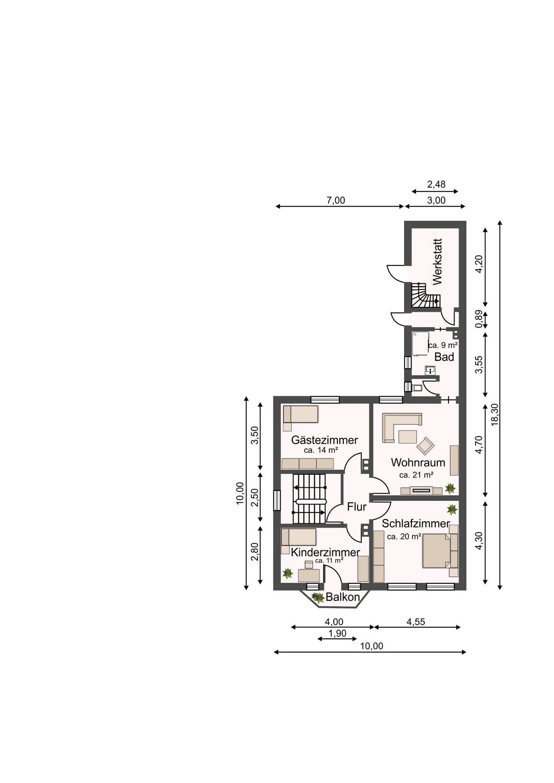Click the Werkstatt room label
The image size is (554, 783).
[x=437, y=261]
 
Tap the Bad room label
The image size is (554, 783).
[x=444, y=357]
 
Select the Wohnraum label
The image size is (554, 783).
[x=418, y=462]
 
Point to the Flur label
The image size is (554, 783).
[x=357, y=507]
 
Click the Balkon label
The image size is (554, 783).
[x=343, y=597]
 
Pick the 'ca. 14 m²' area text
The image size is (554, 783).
[x=321, y=450]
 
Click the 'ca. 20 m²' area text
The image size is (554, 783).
[x=404, y=537]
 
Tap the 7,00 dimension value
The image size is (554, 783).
[x=336, y=200]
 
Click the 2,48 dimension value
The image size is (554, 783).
[x=436, y=184]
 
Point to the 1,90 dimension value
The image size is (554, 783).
[x=337, y=633]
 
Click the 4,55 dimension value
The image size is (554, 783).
[x=416, y=622]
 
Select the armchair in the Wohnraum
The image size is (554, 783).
[x=425, y=446]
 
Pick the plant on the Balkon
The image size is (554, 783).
[x=317, y=598]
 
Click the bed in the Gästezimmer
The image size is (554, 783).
[x=300, y=418]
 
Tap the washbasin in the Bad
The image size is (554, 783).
[x=430, y=370]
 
